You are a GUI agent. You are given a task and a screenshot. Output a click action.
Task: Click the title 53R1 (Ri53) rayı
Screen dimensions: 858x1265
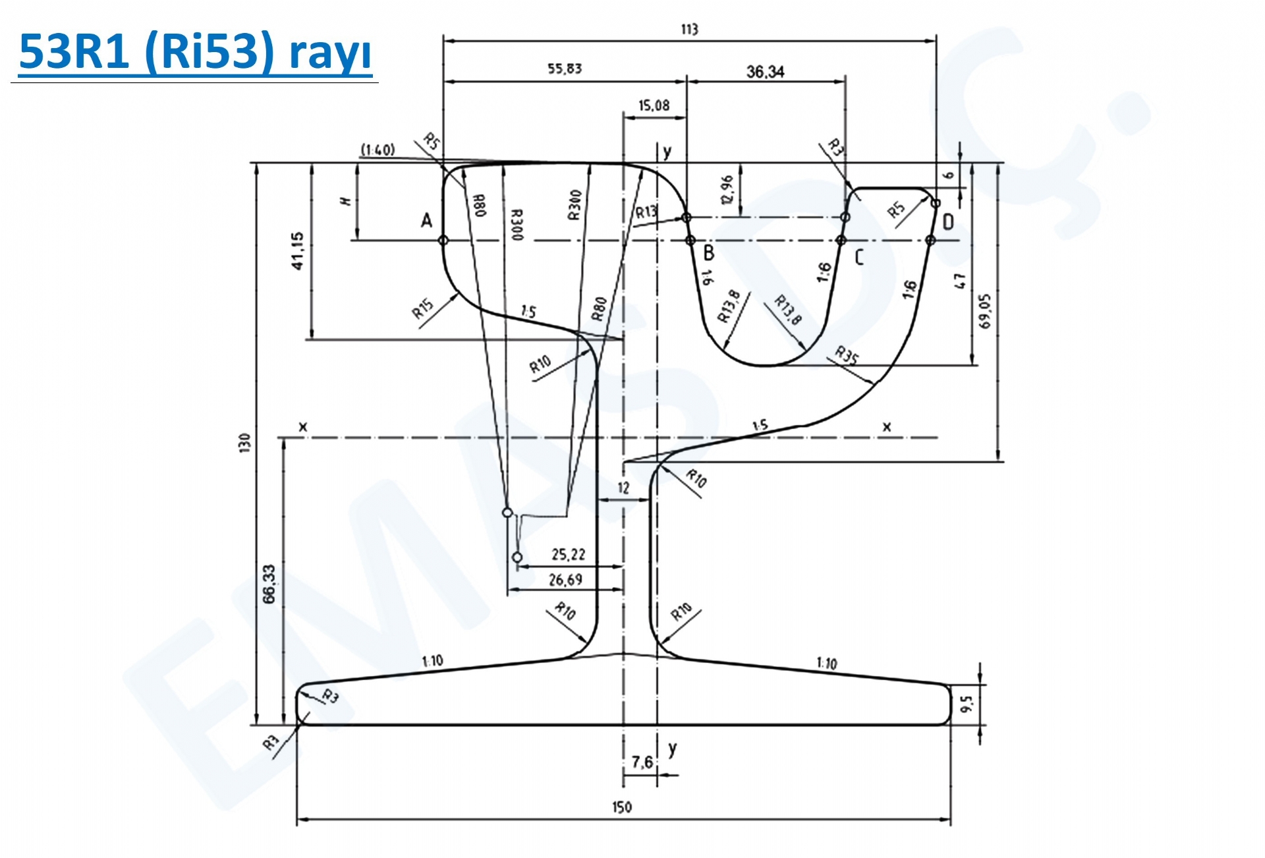pos(195,51)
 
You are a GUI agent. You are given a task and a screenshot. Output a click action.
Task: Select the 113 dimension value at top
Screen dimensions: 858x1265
pos(689,29)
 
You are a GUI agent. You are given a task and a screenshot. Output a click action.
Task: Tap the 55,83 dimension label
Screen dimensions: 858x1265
pos(565,69)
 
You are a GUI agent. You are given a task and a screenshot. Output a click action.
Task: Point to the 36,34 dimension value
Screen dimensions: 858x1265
pos(765,72)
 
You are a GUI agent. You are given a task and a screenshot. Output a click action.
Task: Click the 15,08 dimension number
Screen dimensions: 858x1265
pos(654,105)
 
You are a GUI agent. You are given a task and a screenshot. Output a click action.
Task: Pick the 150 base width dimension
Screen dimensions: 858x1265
pos(621,807)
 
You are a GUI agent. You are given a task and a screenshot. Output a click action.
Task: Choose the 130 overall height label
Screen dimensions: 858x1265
pos(245,442)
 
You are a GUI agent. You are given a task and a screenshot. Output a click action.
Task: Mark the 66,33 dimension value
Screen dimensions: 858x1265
pos(269,584)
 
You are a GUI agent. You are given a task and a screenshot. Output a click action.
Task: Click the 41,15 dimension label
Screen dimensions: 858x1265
pos(297,251)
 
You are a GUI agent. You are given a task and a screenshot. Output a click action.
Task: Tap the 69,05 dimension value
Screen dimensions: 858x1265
pos(984,311)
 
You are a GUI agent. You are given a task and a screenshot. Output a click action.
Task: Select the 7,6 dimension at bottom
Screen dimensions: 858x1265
pos(642,762)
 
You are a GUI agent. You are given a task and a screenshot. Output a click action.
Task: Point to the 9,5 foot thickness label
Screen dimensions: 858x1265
pos(967,704)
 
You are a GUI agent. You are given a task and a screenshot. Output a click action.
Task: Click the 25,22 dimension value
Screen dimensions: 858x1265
pos(568,555)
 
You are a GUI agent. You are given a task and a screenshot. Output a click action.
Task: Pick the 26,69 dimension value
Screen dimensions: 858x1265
pos(565,580)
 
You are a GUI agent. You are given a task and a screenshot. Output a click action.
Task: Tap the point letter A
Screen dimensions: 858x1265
pos(426,221)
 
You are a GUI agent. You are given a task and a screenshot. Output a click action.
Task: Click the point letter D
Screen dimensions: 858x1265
pos(948,222)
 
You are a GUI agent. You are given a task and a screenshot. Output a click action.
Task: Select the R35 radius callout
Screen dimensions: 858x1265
pos(847,356)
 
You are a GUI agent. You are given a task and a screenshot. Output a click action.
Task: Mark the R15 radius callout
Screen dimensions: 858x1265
pos(423,308)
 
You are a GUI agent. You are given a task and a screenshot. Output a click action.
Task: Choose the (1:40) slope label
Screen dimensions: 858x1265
pos(378,150)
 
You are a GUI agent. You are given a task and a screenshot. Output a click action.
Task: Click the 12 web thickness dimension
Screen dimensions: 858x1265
pos(623,488)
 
